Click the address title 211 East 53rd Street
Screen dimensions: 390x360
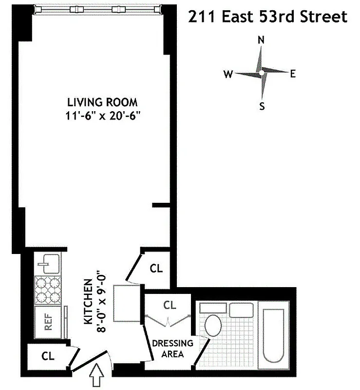coord(267,17)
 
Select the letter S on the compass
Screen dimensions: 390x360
coord(262,106)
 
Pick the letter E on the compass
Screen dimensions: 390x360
coord(293,74)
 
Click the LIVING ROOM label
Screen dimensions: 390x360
coord(102,102)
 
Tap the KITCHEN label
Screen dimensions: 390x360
coord(88,302)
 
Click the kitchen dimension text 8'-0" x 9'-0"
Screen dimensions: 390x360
coord(101,302)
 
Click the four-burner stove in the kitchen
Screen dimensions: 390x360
coord(48,291)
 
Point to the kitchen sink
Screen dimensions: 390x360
coord(48,264)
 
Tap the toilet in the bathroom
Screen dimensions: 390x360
coord(213,325)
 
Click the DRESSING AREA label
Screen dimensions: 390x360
coord(172,349)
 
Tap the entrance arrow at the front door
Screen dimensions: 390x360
coord(96,376)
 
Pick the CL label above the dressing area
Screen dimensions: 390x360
coord(169,306)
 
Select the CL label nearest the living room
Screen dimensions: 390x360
coord(156,268)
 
